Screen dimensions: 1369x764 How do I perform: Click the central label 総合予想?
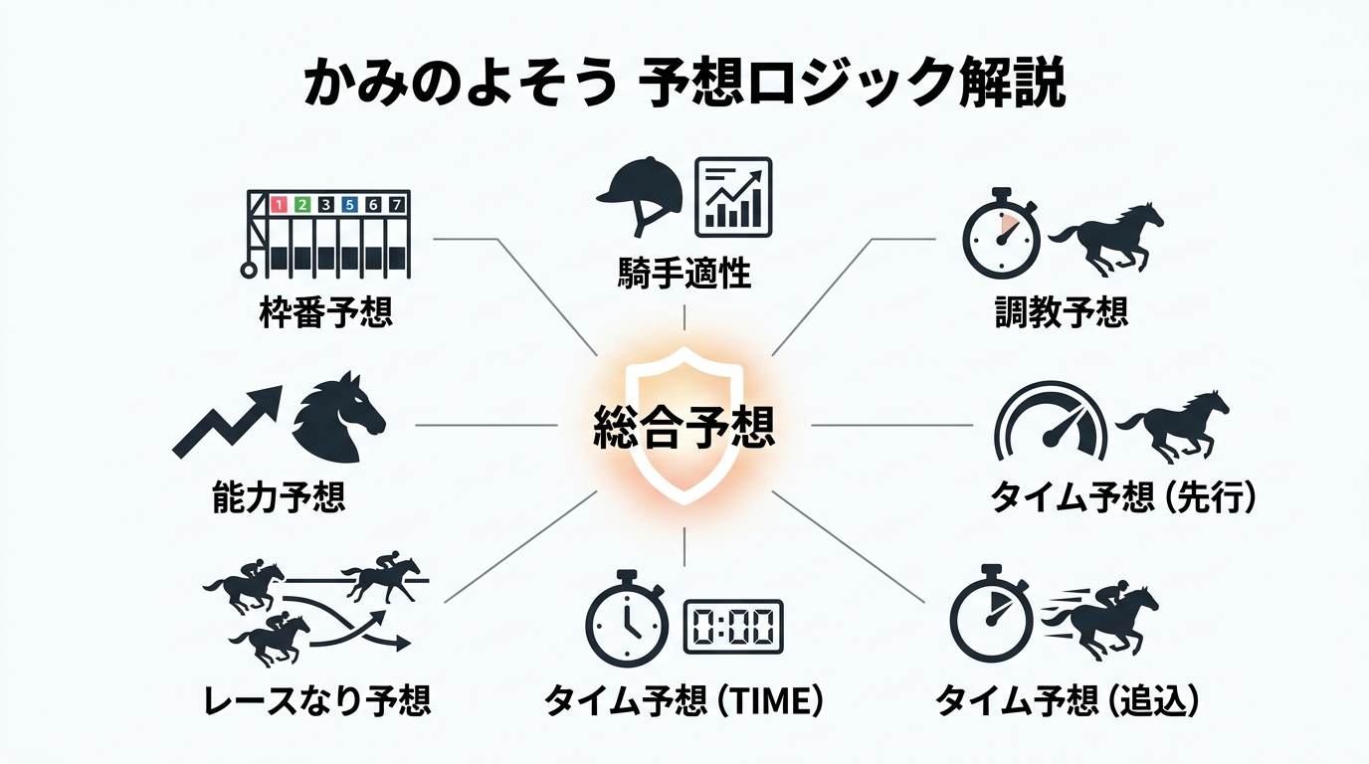pyautogui.click(x=684, y=427)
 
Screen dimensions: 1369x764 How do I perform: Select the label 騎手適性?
pyautogui.click(x=684, y=273)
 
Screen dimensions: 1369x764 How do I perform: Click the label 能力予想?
pyautogui.click(x=279, y=497)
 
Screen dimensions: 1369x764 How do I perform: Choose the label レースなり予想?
pyautogui.click(x=317, y=700)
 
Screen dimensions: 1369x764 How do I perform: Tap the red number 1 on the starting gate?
pyautogui.click(x=279, y=204)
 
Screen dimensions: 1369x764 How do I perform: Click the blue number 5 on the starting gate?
pyautogui.click(x=349, y=204)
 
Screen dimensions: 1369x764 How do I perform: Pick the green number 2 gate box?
pyautogui.click(x=301, y=204)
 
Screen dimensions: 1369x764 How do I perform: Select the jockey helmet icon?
pyautogui.click(x=640, y=196)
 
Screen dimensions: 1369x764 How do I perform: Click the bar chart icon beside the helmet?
pyautogui.click(x=733, y=197)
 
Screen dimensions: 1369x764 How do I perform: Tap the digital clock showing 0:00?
pyautogui.click(x=733, y=627)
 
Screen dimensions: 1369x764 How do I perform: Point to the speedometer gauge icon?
pyautogui.click(x=1051, y=422)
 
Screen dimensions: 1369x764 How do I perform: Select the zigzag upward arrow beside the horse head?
pyautogui.click(x=228, y=421)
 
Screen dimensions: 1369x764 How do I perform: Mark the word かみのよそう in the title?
pyautogui.click(x=460, y=83)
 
